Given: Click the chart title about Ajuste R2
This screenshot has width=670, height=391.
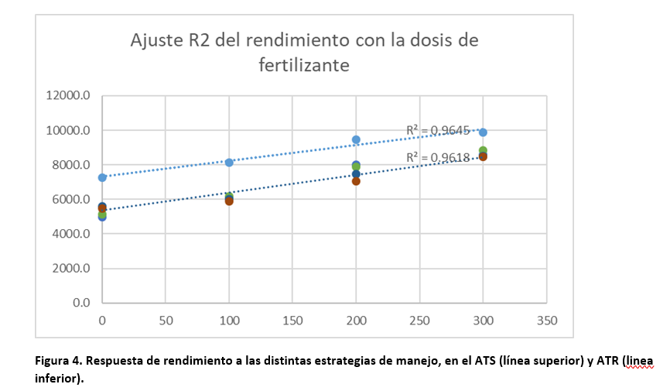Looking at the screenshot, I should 303,52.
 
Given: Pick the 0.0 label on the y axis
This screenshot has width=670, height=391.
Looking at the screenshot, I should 80,303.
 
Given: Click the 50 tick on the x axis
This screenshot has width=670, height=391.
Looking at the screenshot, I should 166,319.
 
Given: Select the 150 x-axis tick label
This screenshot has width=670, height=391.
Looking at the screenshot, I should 292,319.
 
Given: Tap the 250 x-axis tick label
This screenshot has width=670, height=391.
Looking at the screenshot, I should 419,319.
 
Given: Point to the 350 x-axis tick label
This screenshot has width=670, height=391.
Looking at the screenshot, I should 546,319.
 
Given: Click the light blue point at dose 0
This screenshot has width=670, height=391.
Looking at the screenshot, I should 102,177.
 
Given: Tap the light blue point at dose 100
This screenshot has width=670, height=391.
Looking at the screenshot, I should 229,162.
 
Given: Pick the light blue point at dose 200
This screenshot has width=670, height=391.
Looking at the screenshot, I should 356,139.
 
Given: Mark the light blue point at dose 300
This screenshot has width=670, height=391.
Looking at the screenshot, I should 483,132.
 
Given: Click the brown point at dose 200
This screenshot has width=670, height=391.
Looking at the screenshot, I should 356,181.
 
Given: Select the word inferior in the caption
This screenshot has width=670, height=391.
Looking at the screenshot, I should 56,379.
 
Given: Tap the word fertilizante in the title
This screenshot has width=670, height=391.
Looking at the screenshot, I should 303,65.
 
